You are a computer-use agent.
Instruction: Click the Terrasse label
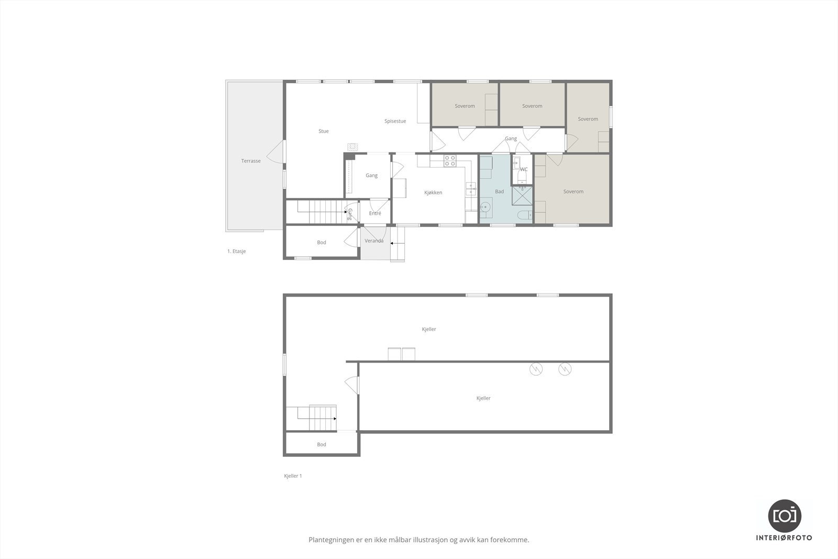pos(251,161)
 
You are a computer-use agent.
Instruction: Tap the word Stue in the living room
pos(324,131)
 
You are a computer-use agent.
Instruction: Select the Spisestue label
pos(395,121)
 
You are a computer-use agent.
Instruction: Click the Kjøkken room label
pos(433,192)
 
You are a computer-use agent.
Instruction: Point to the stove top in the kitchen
pos(450,161)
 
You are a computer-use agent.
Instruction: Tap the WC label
pos(524,169)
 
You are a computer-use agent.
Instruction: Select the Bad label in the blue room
pos(499,191)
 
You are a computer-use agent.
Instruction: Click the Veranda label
pos(374,241)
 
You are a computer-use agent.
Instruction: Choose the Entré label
pos(375,213)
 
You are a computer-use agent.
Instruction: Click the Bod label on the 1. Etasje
pos(322,242)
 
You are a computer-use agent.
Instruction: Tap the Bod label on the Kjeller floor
pos(322,444)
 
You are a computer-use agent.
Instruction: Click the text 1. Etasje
pos(236,251)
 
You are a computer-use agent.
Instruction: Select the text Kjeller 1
pos(293,476)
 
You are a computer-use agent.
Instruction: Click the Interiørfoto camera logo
pos(785,516)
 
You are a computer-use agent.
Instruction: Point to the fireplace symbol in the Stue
pos(352,147)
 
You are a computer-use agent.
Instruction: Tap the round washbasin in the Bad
pos(486,206)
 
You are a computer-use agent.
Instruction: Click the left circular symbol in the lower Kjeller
pos(536,369)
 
